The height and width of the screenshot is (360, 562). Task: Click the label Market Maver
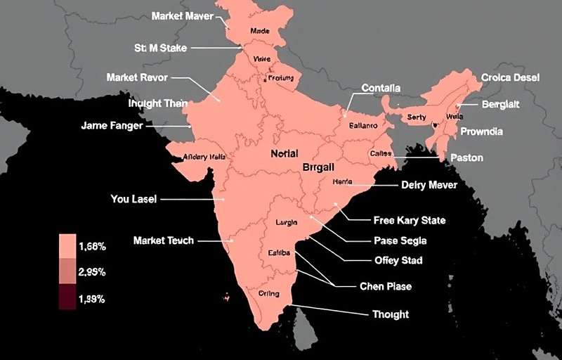pos(182,15)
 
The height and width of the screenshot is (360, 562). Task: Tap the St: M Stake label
pos(160,48)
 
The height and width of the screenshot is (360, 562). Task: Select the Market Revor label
pos(137,77)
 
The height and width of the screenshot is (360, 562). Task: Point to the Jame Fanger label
pos(112,126)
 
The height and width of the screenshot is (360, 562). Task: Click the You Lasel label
pos(134,199)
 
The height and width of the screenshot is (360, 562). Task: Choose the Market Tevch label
pos(164,240)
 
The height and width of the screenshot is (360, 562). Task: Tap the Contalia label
pos(381,88)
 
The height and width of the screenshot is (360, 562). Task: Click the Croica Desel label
pos(510,78)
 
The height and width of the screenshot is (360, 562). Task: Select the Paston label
pos(466,158)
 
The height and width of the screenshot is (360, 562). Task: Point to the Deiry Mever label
pos(429,185)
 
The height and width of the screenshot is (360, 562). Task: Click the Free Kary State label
pos(409,220)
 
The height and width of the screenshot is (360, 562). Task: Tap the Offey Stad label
pos(398,261)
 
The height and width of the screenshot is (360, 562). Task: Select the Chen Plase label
pos(386,286)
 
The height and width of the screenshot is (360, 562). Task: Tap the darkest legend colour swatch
pos(67,297)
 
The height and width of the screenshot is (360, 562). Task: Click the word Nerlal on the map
pos(284,153)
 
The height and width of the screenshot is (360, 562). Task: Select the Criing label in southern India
pos(268,293)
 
